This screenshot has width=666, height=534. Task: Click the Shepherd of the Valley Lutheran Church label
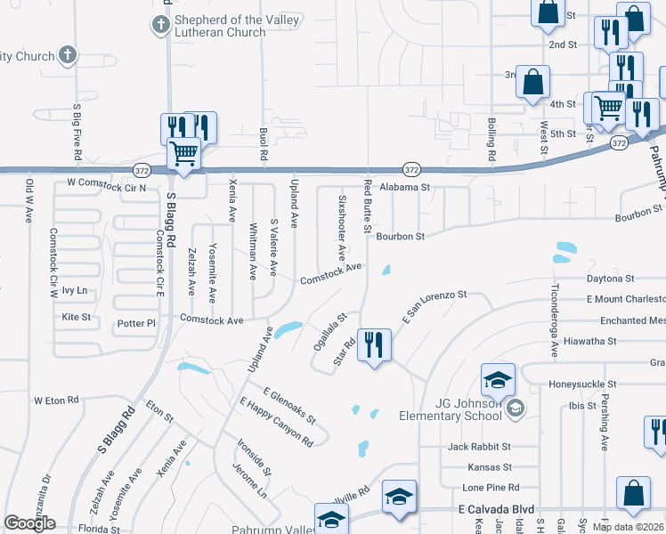pos(218,26)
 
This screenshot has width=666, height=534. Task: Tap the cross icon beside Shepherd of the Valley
pos(160,24)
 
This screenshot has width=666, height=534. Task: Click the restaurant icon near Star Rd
pos(374,344)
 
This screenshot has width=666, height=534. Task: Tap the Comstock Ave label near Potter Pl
pos(212,320)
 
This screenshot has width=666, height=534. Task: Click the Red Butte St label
pos(367,206)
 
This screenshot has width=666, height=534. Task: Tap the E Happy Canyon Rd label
pos(276,422)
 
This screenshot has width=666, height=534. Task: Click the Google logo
pos(29,523)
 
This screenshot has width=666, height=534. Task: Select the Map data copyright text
pos(628,527)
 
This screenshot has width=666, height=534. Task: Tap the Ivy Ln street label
pos(75,291)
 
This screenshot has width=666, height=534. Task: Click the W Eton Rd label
pos(56,400)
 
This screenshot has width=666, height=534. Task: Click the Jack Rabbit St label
pos(479,446)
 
